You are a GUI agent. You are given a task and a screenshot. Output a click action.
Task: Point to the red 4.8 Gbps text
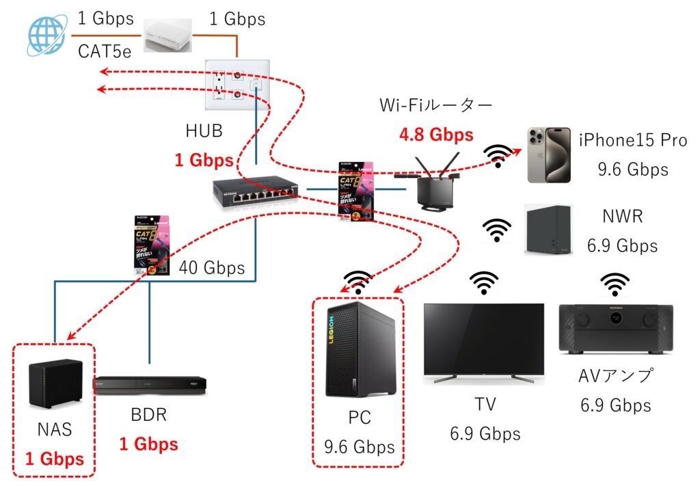tap(436, 135)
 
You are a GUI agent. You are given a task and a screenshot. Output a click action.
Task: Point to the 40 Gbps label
tap(211, 268)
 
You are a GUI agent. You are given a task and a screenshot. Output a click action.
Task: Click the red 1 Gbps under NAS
tap(55, 458)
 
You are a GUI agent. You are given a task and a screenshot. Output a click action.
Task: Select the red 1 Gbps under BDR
tap(148, 444)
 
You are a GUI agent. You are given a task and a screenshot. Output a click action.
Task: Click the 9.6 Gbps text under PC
tap(360, 447)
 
